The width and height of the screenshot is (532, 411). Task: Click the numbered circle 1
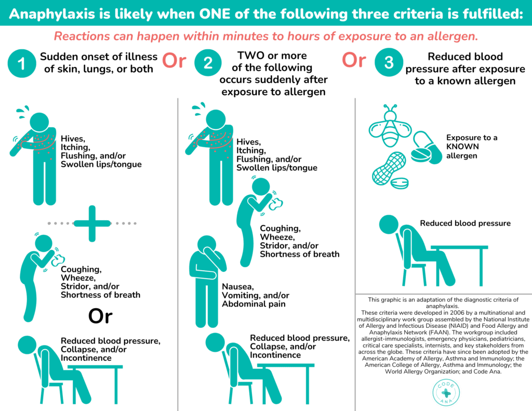pyautogui.click(x=22, y=63)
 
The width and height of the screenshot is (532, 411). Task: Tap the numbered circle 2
pyautogui.click(x=208, y=62)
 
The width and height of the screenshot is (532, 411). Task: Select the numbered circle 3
pyautogui.click(x=389, y=62)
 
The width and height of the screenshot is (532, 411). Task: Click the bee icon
pyautogui.click(x=390, y=126)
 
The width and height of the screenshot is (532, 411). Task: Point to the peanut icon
pyautogui.click(x=389, y=168)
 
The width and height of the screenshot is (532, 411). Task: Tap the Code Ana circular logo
pyautogui.click(x=446, y=393)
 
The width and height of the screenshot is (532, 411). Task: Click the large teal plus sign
pyautogui.click(x=92, y=223)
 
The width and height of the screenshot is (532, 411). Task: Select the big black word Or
pyautogui.click(x=100, y=316)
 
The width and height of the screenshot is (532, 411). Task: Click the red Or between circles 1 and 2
pyautogui.click(x=174, y=60)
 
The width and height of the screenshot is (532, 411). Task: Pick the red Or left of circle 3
pyautogui.click(x=354, y=60)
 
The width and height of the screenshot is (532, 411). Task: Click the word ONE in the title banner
pyautogui.click(x=215, y=14)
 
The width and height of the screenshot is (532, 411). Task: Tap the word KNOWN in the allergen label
pyautogui.click(x=462, y=147)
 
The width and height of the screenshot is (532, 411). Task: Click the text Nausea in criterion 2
pyautogui.click(x=238, y=287)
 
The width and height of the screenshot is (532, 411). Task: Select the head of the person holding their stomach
pyautogui.click(x=207, y=245)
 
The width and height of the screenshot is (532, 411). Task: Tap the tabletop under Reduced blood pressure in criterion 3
pyautogui.click(x=459, y=247)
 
